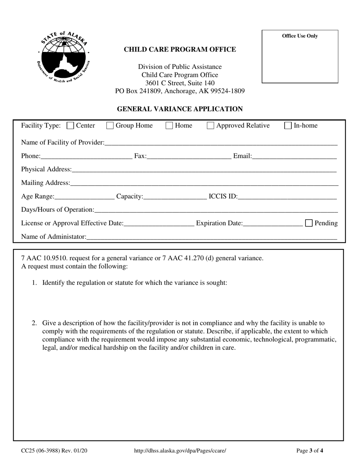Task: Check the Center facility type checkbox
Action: [70, 126]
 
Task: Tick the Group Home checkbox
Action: [110, 126]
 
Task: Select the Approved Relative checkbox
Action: [210, 126]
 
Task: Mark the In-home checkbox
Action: [288, 126]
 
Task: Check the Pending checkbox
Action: [309, 223]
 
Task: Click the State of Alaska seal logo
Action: [64, 58]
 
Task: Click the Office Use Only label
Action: [300, 36]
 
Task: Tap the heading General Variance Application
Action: [180, 109]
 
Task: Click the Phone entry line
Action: [86, 156]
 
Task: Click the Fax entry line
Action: [189, 156]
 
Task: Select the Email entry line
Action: [294, 156]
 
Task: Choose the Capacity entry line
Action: [175, 197]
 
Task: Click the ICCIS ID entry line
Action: [287, 197]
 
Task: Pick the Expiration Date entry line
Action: [272, 224]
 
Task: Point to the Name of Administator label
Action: [53, 237]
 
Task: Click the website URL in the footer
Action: [180, 451]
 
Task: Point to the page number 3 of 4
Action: [310, 451]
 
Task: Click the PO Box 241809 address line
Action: [180, 91]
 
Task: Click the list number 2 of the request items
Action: [34, 323]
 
